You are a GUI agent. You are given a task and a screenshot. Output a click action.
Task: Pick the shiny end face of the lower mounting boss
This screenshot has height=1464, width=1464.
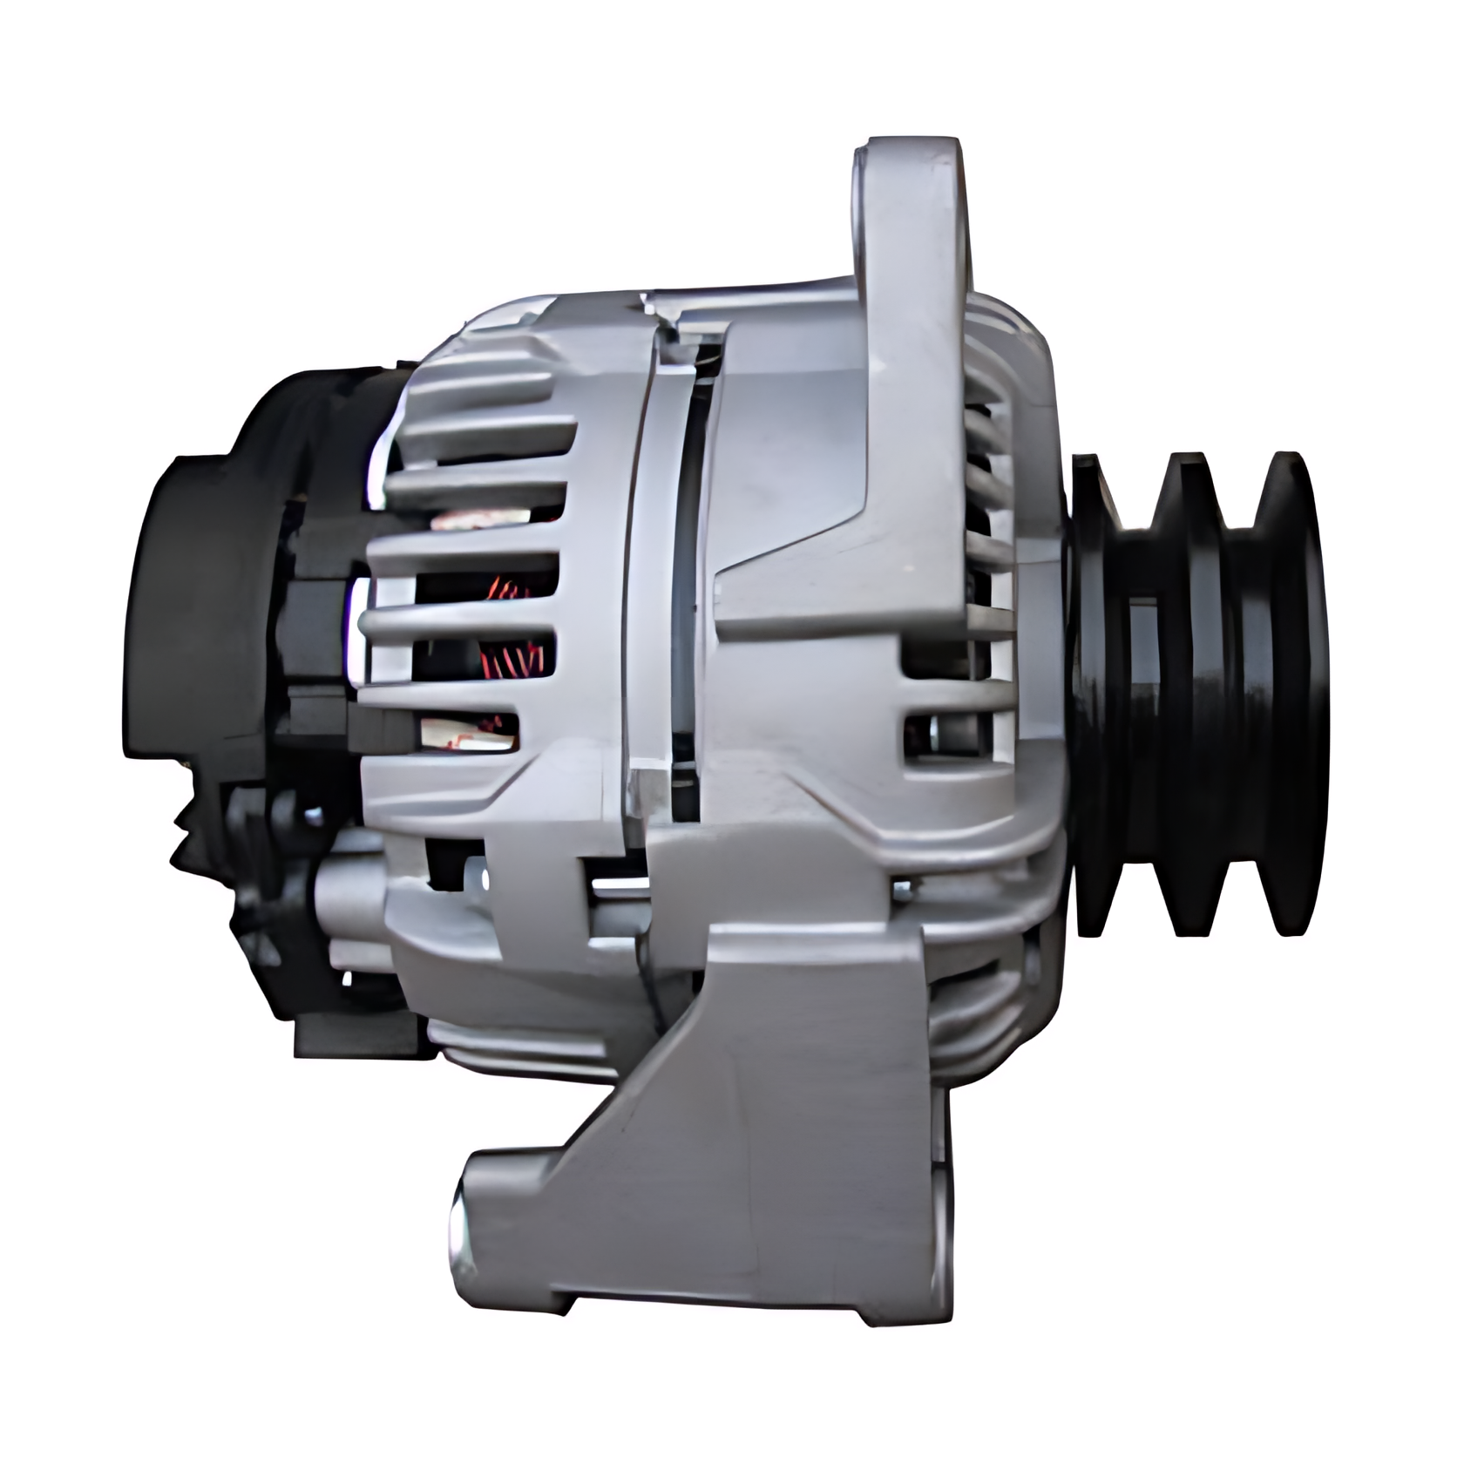(460, 1229)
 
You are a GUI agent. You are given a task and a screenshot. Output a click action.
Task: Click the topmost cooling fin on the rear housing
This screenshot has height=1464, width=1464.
(488, 349)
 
